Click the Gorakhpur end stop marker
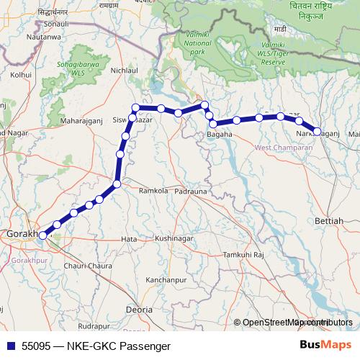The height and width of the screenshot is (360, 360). tap(42, 235)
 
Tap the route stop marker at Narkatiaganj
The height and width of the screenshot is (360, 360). tap(317, 131)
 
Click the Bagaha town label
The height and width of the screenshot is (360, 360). tap(220, 134)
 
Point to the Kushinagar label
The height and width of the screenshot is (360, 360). tap(176, 238)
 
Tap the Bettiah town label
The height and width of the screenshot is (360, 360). tap(330, 220)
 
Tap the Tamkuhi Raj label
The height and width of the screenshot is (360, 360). tap(245, 256)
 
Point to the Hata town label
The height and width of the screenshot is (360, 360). tap(130, 238)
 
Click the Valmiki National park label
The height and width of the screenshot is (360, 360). tap(197, 48)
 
